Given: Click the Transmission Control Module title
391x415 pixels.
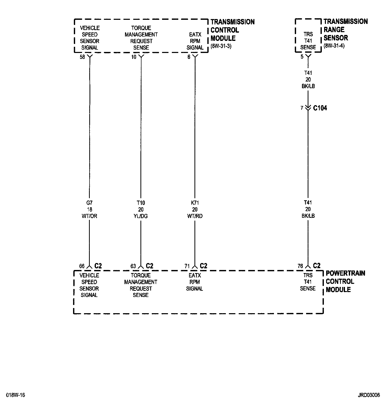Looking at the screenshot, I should pos(232,30).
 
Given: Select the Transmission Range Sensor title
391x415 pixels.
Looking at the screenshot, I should pos(345,30).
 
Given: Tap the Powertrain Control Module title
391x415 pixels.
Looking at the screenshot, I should pos(345,281).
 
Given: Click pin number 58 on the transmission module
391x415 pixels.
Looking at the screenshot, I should pos(82,57).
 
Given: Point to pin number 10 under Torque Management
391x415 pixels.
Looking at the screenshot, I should pos(134,57).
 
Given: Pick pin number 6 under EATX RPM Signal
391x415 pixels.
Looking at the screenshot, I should pos(189,57).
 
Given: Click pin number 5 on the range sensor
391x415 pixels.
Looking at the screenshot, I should pos(302,57).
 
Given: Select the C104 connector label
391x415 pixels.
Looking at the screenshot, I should pos(320,108).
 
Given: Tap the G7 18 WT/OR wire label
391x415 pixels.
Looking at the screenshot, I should pos(89,210).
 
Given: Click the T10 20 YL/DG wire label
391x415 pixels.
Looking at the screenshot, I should pos(141,210).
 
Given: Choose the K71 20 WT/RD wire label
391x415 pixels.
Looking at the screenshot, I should pos(195,210).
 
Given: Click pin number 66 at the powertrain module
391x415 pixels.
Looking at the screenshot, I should pos(82,266).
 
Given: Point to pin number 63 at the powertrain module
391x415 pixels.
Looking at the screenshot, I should pos(133,266).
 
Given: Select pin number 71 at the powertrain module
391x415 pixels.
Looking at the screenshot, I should pos(187,266).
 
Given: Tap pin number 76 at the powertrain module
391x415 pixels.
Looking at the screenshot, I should pos(300,266).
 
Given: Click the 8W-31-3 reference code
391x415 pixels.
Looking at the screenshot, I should pos(221,47).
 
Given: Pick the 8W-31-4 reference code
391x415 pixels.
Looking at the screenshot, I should pos(334,46).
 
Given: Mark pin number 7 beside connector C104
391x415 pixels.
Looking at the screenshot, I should pos(302,108).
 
